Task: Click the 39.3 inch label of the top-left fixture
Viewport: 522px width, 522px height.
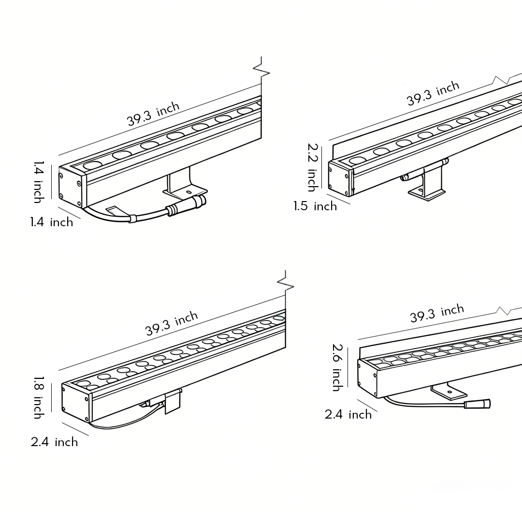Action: [x=153, y=115]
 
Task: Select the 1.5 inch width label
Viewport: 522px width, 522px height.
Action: [x=315, y=206]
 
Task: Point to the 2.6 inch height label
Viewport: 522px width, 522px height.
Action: [x=337, y=367]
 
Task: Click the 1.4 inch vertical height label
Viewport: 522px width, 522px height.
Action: [x=39, y=182]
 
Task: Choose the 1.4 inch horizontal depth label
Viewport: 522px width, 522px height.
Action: [x=52, y=222]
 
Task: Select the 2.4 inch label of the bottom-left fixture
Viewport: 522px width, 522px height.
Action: [x=54, y=442]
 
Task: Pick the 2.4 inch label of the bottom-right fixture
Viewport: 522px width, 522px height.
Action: [x=348, y=415]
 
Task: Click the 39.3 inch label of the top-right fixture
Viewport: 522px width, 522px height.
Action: [x=433, y=94]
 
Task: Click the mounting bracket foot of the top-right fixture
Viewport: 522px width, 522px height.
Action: [x=426, y=193]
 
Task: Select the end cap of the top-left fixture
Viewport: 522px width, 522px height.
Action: [x=69, y=185]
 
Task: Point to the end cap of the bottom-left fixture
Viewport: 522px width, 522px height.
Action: [x=75, y=400]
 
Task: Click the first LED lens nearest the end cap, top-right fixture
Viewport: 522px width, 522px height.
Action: [x=358, y=160]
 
